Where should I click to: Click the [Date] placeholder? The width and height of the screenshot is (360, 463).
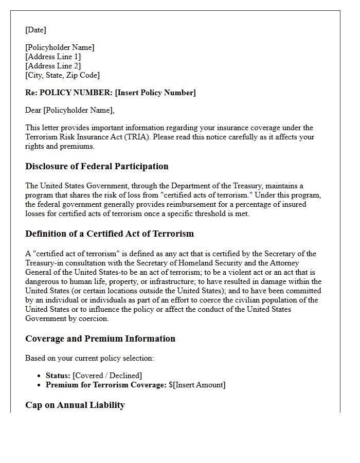pos(35,30)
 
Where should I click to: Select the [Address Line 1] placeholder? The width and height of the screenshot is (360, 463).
pos(53,57)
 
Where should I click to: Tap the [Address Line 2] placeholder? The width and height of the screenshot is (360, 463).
pos(53,66)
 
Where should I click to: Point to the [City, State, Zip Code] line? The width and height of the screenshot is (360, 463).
pos(62,75)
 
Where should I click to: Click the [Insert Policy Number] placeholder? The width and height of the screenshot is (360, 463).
pos(155,93)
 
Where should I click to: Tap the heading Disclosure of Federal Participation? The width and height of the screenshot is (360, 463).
pos(97,166)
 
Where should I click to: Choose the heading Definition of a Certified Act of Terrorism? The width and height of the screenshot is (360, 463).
pos(110,234)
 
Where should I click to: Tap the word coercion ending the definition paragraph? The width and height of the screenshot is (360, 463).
pos(93,318)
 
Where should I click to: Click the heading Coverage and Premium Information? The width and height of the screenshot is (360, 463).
pos(100,339)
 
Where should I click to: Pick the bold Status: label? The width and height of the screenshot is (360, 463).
pos(58,376)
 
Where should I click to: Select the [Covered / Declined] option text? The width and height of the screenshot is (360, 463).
pos(107,376)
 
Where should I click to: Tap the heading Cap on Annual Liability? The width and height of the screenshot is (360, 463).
pos(75,405)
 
